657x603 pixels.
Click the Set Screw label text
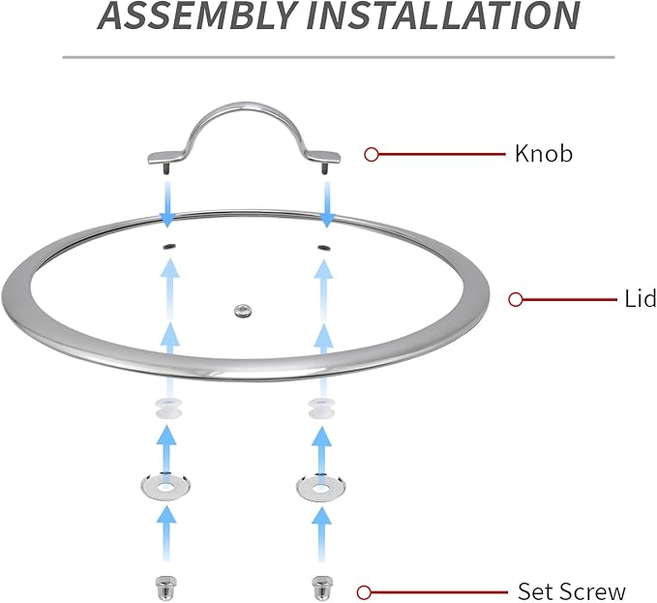[572, 591]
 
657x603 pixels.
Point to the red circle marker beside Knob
[371, 153]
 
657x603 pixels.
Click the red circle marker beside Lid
[516, 299]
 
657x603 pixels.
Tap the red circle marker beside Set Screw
[364, 591]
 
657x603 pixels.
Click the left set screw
[166, 587]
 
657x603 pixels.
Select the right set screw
[320, 587]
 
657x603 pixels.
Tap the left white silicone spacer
[166, 407]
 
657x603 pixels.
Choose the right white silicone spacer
[320, 407]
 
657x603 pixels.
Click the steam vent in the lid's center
[240, 310]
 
